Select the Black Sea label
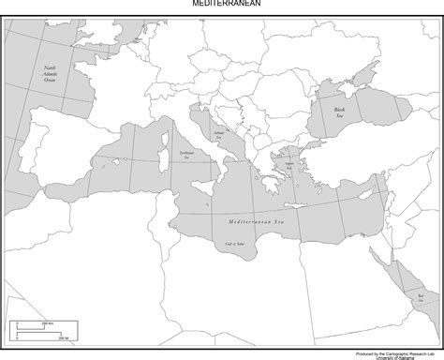point(340,112)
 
